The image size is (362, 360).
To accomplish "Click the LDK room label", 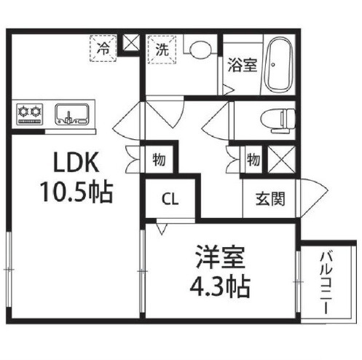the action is tap(76, 162).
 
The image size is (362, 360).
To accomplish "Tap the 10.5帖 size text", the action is tap(76, 192).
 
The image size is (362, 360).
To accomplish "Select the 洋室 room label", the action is tap(220, 257).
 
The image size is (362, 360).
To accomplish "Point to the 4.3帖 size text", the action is tap(220, 286).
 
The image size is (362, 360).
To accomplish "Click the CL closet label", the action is tap(170, 200).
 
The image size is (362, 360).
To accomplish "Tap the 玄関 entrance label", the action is tap(270, 199).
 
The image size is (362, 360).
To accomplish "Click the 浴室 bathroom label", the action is tap(243, 65).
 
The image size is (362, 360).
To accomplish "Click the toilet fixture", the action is tap(278, 121).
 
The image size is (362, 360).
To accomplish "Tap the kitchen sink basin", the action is tap(72, 114).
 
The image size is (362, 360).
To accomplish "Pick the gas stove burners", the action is tap(30, 114).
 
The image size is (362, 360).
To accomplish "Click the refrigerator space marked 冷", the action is tap(103, 48).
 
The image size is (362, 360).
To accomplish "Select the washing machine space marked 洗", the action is tap(162, 50).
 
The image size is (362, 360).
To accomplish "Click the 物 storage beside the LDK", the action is tap(159, 160).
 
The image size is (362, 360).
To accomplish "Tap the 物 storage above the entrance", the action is tap(253, 160).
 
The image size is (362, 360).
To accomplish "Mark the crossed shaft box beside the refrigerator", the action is tap(131, 43).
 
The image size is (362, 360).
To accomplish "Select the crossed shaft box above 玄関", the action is tap(282, 160).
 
